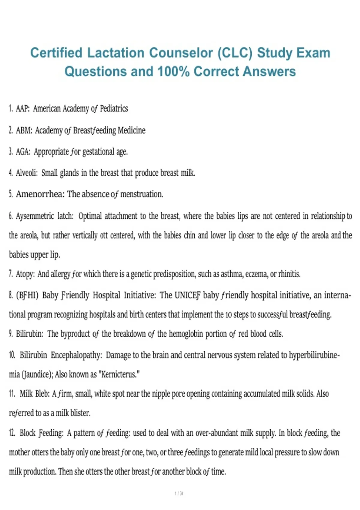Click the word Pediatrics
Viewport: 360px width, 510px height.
click(114, 108)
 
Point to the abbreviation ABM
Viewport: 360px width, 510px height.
click(24, 130)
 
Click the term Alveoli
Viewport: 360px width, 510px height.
click(27, 173)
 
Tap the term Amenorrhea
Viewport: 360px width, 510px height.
click(40, 194)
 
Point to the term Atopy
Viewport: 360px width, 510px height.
click(25, 274)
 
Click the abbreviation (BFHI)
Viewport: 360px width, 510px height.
click(27, 295)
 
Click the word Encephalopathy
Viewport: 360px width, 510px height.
click(76, 355)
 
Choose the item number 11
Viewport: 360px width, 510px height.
click(12, 394)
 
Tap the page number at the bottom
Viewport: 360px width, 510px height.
click(179, 493)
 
